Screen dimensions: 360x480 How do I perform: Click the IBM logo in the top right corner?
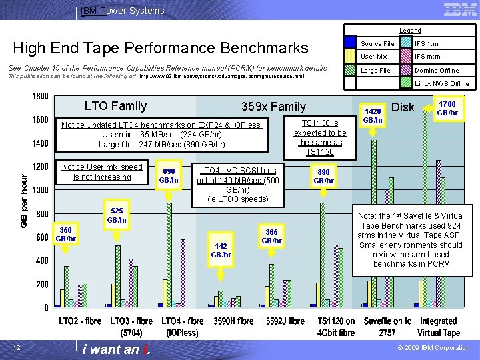(x=459, y=9)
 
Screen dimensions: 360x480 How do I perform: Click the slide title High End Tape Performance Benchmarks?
(x=161, y=48)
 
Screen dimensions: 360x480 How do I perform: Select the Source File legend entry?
(x=377, y=43)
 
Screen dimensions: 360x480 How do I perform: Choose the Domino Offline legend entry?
(x=437, y=70)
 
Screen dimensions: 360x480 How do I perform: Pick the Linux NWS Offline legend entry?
(x=442, y=83)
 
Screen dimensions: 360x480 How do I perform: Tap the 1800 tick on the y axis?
(x=41, y=96)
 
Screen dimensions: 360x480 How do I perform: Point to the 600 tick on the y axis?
(x=41, y=237)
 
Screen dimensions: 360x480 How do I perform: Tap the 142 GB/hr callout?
(x=221, y=250)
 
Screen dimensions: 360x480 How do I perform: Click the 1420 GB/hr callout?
(x=372, y=115)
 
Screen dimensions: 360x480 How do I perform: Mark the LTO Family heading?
(x=115, y=105)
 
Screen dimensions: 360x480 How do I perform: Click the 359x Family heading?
(x=273, y=106)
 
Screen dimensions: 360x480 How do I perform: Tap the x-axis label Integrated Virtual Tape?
(x=438, y=327)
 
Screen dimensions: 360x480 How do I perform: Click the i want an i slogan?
(x=117, y=349)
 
